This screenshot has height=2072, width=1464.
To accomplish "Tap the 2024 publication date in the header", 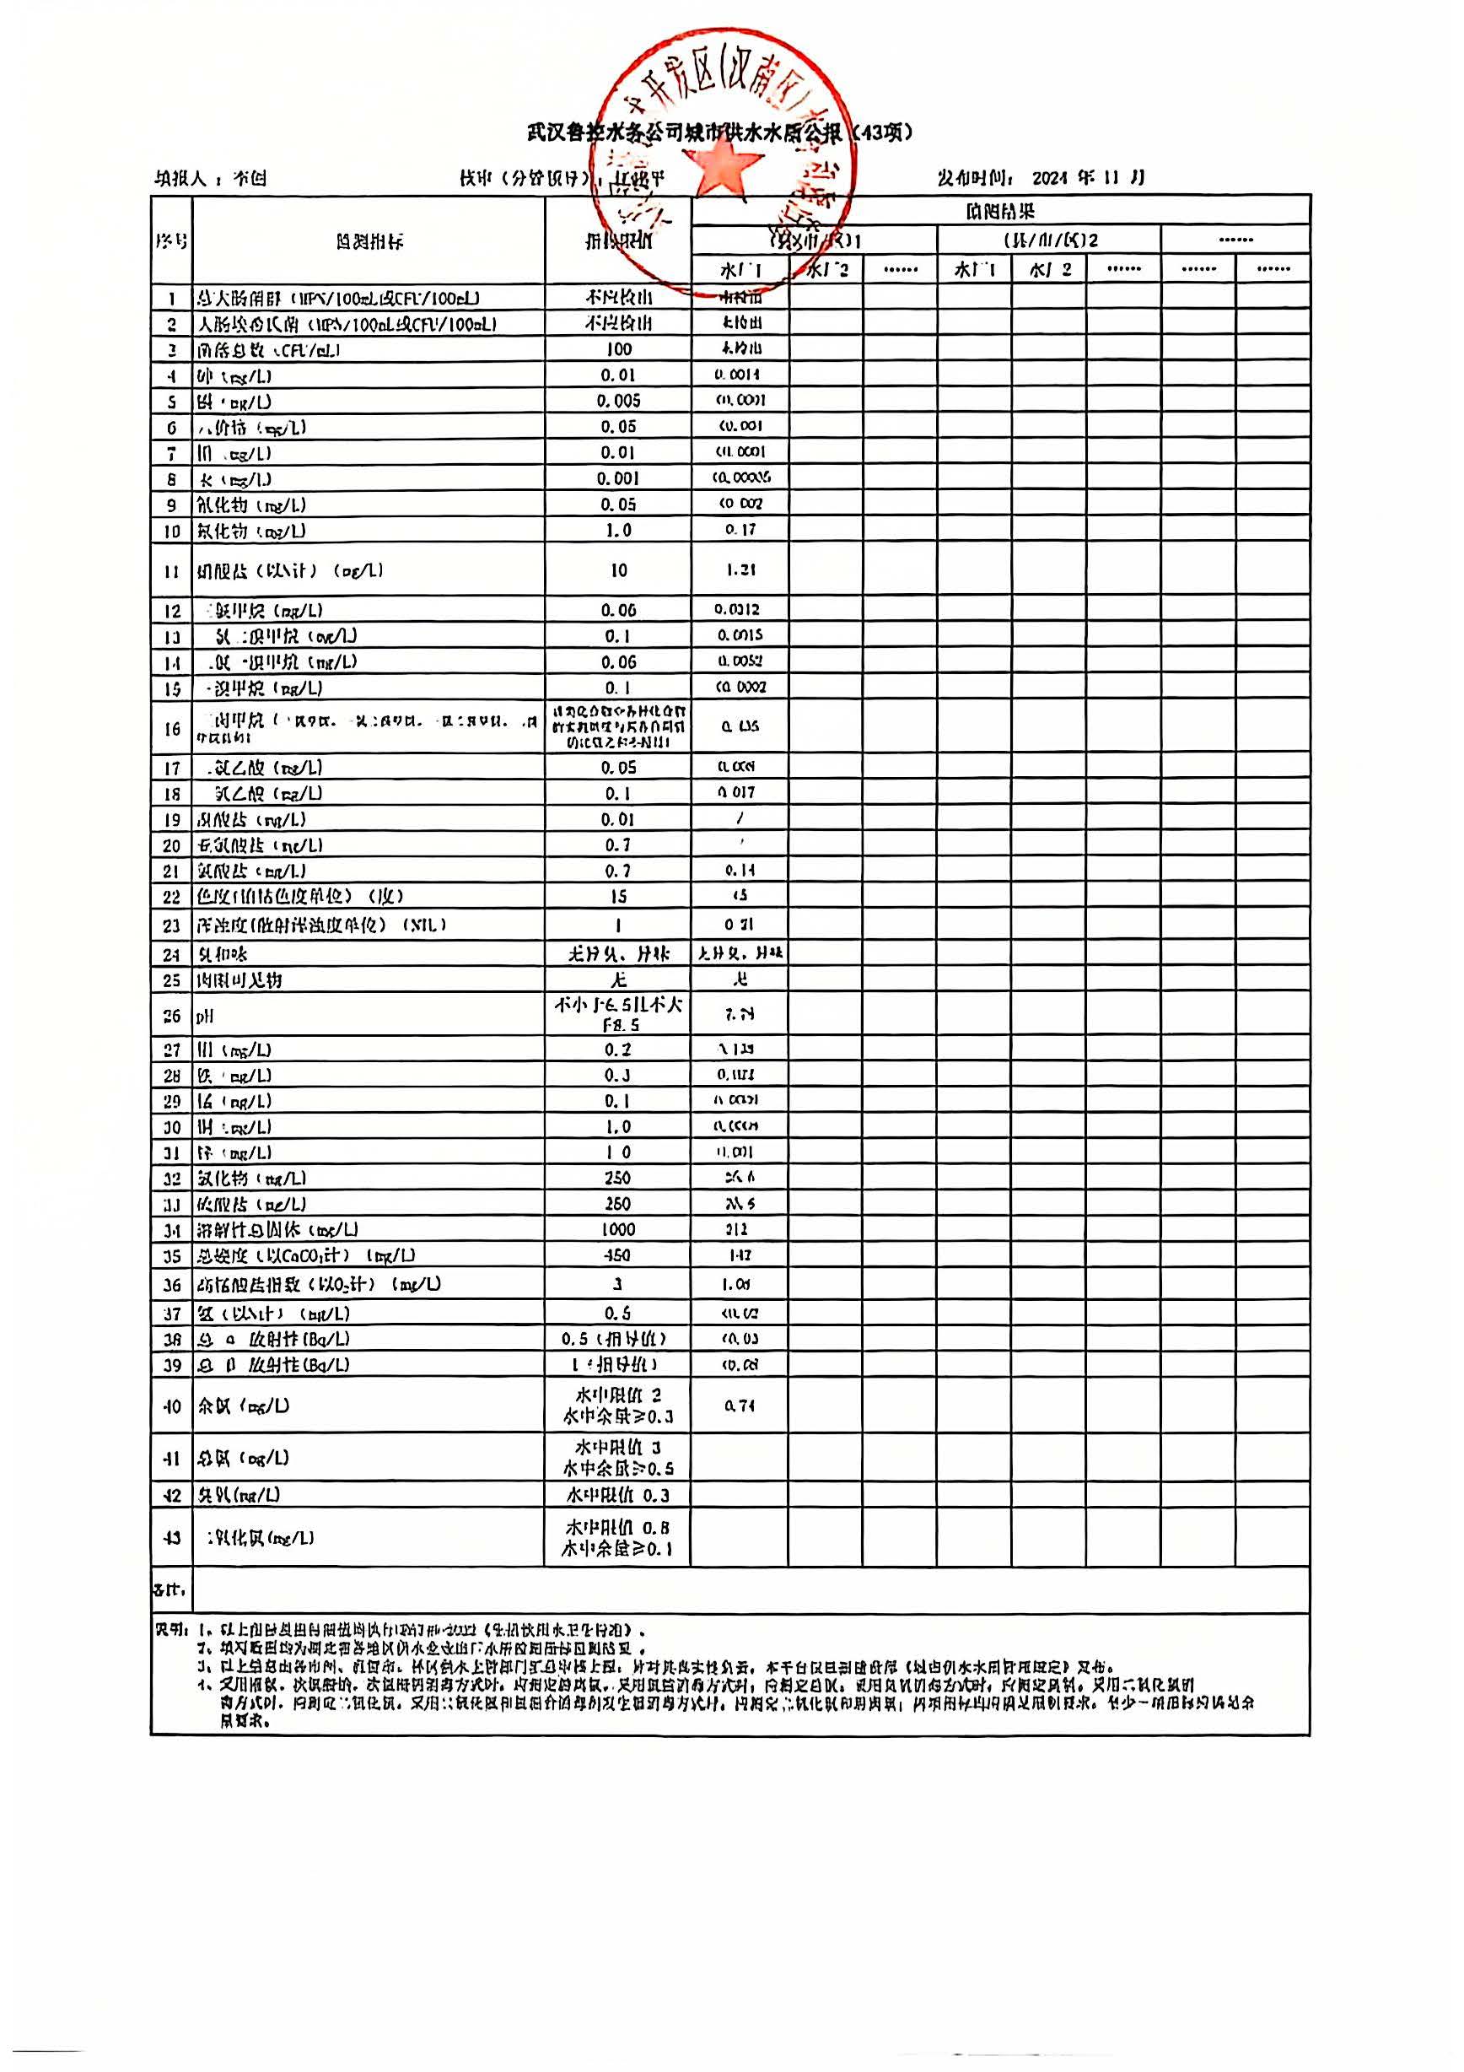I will [1050, 178].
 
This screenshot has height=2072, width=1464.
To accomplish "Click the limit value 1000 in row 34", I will [618, 1229].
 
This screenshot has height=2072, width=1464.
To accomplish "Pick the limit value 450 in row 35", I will [618, 1255].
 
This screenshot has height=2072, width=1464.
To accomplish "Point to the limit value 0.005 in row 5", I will [618, 401].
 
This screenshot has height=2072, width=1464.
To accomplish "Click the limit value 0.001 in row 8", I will [618, 478].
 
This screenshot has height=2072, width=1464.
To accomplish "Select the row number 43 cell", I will [171, 1538].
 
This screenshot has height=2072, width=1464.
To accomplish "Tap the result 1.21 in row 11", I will [740, 570].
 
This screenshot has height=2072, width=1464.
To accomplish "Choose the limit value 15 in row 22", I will [618, 896].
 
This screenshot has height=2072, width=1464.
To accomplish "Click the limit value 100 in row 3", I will [618, 349].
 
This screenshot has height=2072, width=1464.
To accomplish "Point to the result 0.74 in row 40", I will [740, 1406].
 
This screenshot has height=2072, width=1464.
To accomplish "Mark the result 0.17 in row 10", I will [740, 530].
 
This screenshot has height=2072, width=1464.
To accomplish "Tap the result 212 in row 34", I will [739, 1229].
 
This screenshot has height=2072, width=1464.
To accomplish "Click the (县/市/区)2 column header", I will [1050, 241].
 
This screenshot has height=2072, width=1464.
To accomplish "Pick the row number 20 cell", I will [171, 845].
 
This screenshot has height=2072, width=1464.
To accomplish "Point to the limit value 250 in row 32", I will [618, 1178].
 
